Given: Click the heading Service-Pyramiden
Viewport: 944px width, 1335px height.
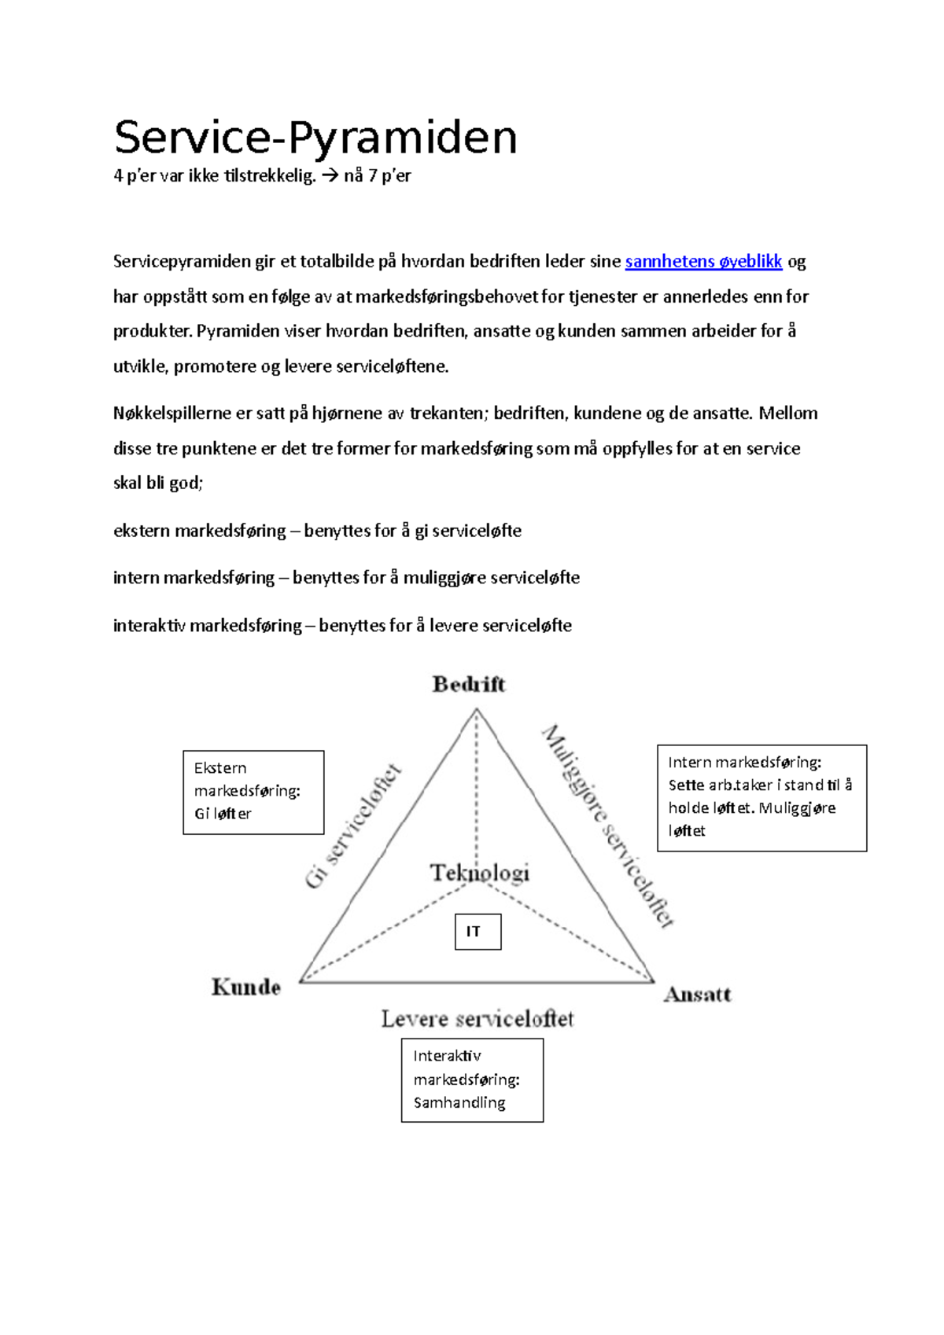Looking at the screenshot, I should [x=315, y=138].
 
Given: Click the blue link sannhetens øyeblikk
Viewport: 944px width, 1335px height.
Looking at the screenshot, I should [x=703, y=262].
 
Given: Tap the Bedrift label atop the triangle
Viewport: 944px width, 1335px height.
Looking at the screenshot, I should [x=469, y=684].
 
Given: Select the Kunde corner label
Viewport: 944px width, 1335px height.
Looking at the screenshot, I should [x=246, y=987].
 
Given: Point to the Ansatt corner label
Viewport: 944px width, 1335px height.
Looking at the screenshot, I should [x=698, y=995].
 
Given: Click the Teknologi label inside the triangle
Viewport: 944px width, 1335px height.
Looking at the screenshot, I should [x=480, y=873].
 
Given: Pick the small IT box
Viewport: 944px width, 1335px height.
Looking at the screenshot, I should [x=478, y=932].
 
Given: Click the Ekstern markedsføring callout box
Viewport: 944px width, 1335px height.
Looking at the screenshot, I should [x=253, y=792].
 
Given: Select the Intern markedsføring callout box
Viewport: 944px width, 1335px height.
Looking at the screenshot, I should [x=761, y=797].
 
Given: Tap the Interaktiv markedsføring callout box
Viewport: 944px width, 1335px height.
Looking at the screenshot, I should [x=472, y=1079].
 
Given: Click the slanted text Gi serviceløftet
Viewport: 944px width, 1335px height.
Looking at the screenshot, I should [x=353, y=826].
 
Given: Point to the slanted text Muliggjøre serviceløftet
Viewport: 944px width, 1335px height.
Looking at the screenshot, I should [x=608, y=826].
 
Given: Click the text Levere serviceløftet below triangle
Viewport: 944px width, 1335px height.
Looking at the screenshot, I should [x=478, y=1019].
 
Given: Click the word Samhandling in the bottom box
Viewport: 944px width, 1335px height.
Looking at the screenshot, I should [x=459, y=1102].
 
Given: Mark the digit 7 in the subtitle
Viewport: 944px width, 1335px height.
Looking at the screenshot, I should [x=373, y=176].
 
